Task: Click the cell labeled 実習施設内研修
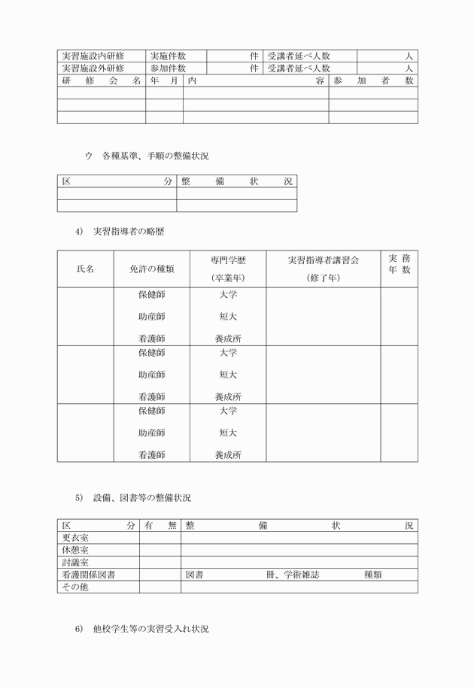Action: click(93, 56)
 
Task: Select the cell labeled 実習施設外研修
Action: click(93, 68)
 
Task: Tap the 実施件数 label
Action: click(168, 56)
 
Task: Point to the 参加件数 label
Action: click(168, 68)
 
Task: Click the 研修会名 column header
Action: click(102, 80)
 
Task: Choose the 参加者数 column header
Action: click(372, 80)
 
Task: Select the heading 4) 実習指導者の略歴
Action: click(120, 231)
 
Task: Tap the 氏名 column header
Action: click(85, 269)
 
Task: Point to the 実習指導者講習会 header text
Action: click(323, 260)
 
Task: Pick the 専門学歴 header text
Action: click(228, 260)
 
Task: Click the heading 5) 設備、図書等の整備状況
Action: click(132, 498)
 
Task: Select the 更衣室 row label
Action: click(75, 538)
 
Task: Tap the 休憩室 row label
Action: click(75, 550)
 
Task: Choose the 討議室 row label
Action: click(75, 563)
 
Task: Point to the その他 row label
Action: click(75, 587)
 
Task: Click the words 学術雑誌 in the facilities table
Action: click(301, 575)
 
